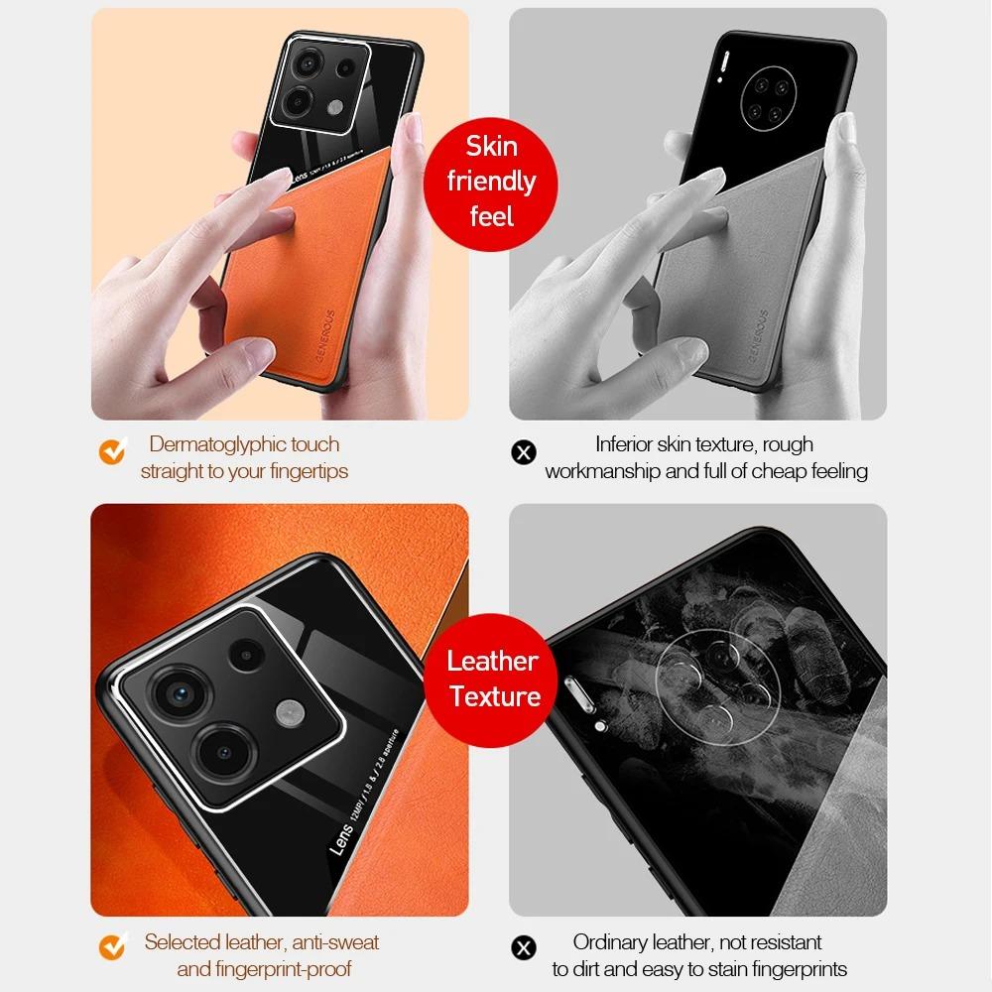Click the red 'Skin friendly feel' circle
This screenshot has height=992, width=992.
pos(491,182)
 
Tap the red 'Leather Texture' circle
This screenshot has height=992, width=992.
pos(493,679)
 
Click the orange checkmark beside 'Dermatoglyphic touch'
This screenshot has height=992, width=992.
pos(112,452)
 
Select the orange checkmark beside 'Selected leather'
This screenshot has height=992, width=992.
pos(112,948)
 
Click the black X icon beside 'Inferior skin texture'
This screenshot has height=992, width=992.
pos(523,453)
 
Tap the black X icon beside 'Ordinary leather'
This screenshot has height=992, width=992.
pos(523,948)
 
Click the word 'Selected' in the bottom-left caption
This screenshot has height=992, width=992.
pos(184,941)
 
